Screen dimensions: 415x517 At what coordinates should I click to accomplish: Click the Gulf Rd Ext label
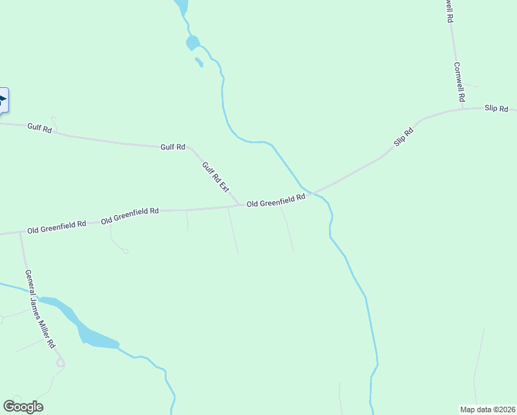pyautogui.click(x=215, y=176)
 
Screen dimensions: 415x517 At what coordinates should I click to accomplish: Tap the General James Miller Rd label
pyautogui.click(x=39, y=308)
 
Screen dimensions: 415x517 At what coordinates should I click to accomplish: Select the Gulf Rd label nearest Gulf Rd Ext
pyautogui.click(x=173, y=147)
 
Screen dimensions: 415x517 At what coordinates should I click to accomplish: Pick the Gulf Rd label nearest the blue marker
pyautogui.click(x=39, y=128)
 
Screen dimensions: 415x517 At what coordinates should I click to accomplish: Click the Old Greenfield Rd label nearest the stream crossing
pyautogui.click(x=276, y=201)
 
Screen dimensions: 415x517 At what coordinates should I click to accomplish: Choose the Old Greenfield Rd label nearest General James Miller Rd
pyautogui.click(x=57, y=226)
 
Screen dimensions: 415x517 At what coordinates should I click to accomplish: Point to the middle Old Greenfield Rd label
pyautogui.click(x=130, y=215)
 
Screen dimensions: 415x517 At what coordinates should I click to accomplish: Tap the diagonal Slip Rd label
pyautogui.click(x=404, y=136)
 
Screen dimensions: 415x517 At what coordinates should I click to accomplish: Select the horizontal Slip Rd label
pyautogui.click(x=496, y=109)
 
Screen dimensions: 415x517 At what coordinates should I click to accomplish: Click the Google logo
pyautogui.click(x=23, y=407)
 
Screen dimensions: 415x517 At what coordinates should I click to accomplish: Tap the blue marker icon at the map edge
pyautogui.click(x=3, y=101)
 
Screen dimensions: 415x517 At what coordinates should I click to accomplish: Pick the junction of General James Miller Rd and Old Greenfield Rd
pyautogui.click(x=21, y=233)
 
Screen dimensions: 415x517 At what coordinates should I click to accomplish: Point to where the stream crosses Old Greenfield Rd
pyautogui.click(x=311, y=192)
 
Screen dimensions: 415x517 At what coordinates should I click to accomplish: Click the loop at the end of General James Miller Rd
pyautogui.click(x=60, y=362)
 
